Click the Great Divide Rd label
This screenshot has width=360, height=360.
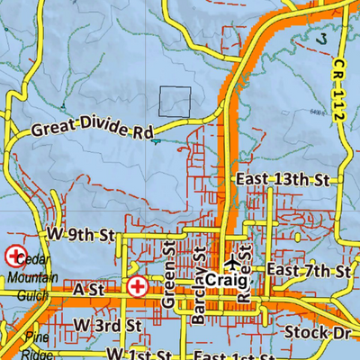(x=92, y=129)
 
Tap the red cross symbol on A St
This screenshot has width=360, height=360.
(x=137, y=288)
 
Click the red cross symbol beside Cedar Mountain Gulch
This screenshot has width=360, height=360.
(x=15, y=256)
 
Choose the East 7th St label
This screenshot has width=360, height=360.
(x=308, y=271)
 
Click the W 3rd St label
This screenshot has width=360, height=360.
(x=109, y=323)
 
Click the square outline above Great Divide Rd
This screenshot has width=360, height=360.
(x=175, y=102)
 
